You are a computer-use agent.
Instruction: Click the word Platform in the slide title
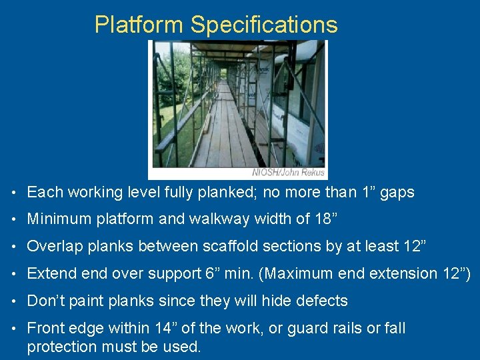(x=139, y=25)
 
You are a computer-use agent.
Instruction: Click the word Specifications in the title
(x=264, y=25)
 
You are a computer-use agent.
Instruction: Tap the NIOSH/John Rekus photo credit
(x=288, y=172)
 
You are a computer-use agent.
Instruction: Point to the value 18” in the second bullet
(x=320, y=219)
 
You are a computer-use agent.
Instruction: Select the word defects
(x=322, y=301)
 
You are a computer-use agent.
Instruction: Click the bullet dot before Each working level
(x=15, y=193)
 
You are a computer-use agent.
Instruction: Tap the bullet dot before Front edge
(x=15, y=329)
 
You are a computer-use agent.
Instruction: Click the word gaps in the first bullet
(x=399, y=193)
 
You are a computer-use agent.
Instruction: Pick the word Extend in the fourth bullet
(x=50, y=273)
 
